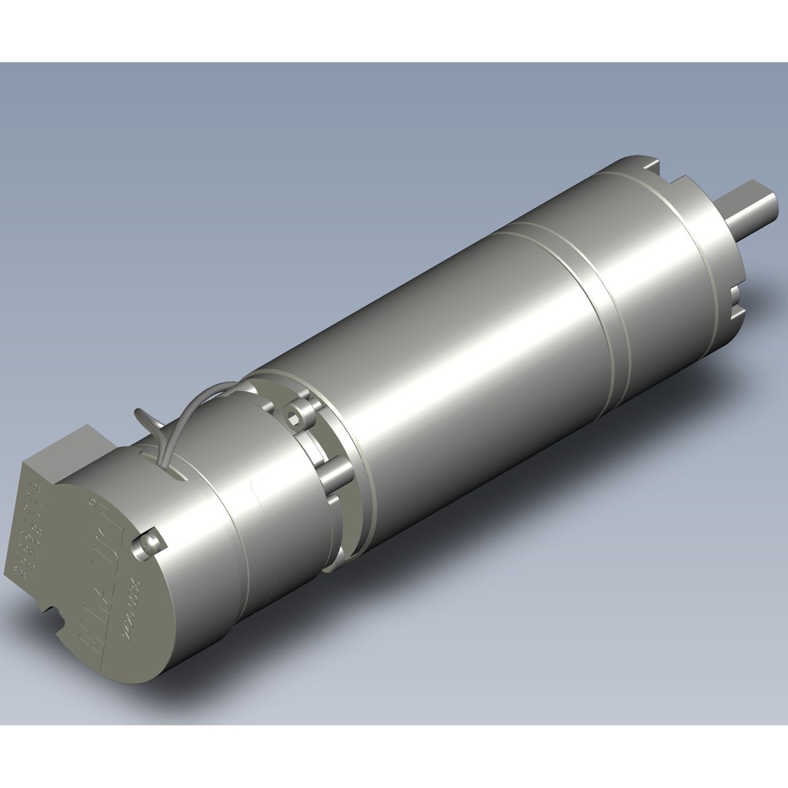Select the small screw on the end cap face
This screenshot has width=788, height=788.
point(148,543)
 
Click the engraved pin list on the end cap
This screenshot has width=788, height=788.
point(29,531)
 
